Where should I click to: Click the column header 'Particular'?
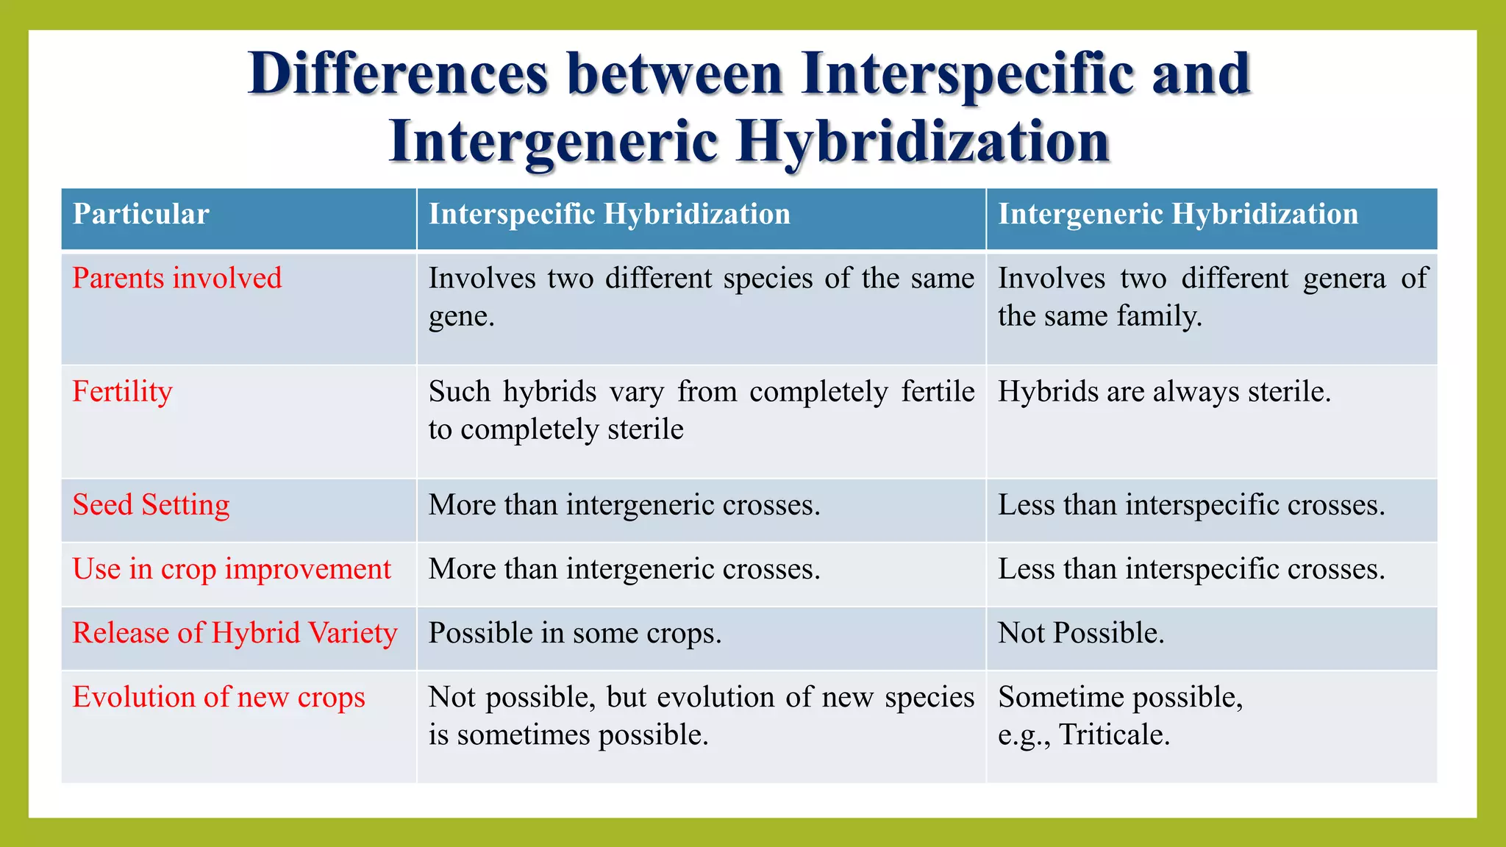coord(141,215)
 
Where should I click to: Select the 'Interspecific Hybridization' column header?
coord(609,215)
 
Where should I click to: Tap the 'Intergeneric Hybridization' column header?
coord(1177,215)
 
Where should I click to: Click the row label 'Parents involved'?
coord(177,279)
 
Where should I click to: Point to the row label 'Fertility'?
coord(122,392)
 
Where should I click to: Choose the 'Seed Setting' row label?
coord(151,505)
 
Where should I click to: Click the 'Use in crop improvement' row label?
coord(232,569)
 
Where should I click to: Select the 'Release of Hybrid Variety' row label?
coord(235,633)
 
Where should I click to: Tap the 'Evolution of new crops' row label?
coord(218,697)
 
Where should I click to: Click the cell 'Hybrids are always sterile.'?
coord(1164,392)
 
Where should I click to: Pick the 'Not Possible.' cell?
coord(1081,633)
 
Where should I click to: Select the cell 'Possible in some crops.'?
coord(575,633)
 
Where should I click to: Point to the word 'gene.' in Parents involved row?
coord(461,317)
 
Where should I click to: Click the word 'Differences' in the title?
coord(398,74)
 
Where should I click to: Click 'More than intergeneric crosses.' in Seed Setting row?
coord(624,505)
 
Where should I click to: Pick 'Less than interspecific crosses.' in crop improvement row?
coord(1191,569)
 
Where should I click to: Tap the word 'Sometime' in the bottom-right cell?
coord(1050,697)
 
